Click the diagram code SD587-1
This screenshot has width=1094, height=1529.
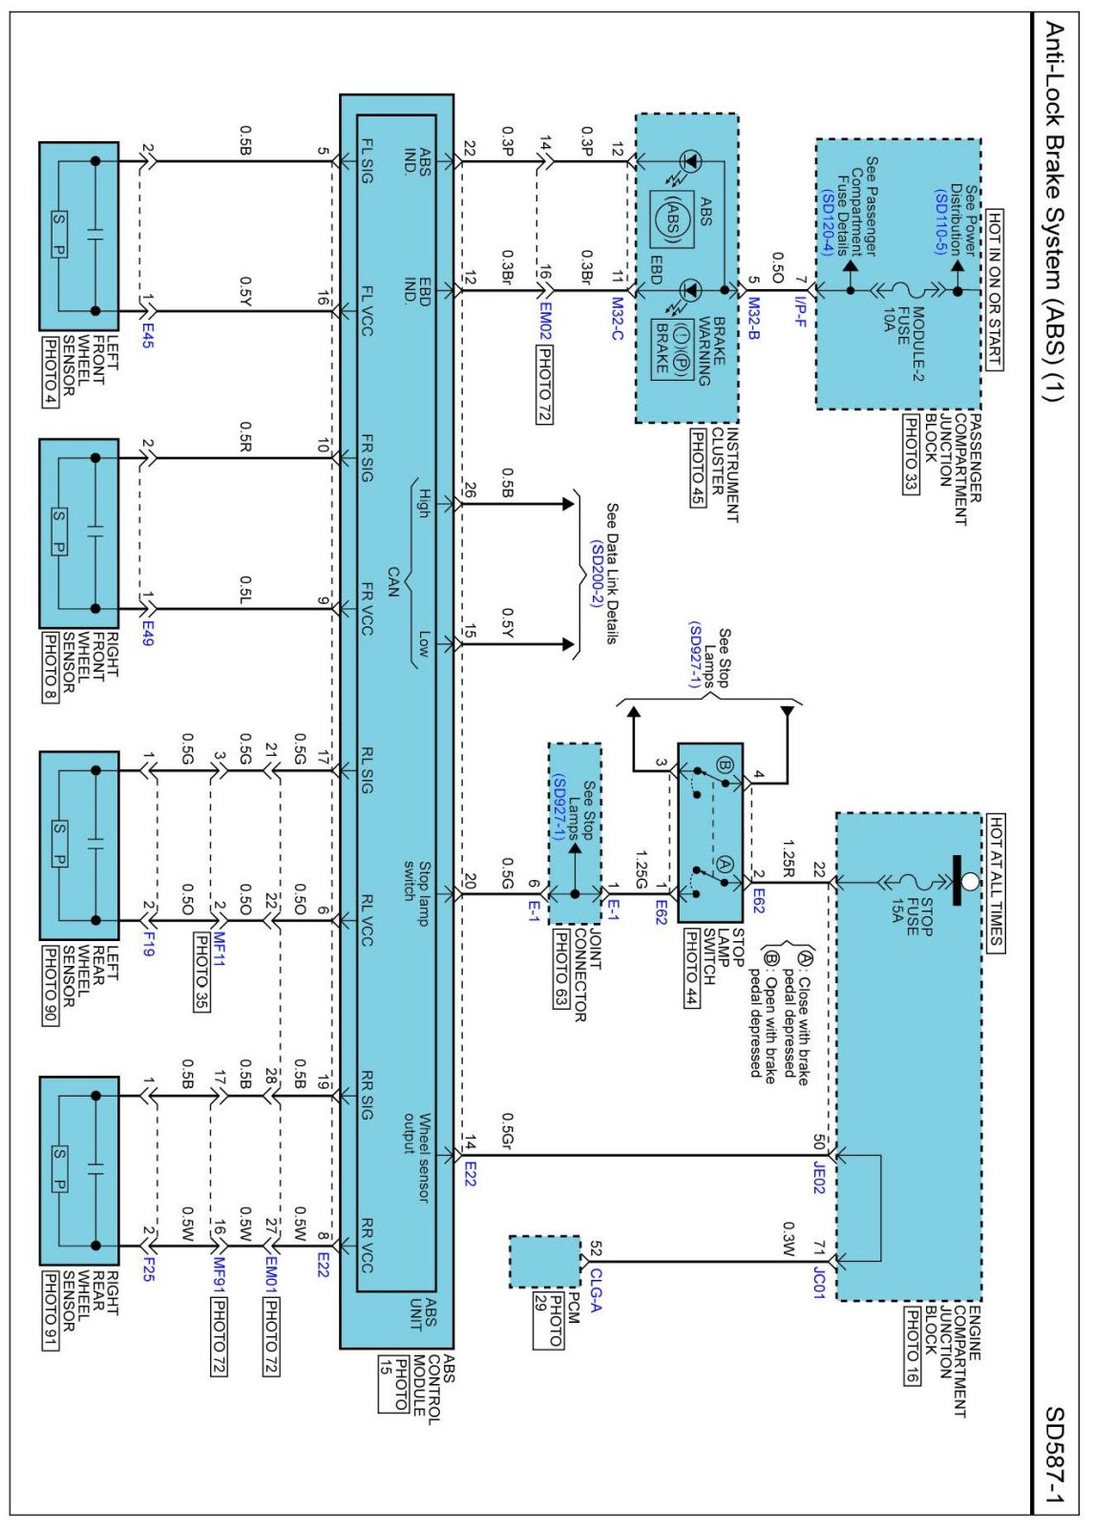click(1054, 1456)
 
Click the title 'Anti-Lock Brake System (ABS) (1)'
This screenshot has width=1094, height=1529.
click(1054, 211)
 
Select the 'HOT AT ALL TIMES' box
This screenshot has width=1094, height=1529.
click(994, 882)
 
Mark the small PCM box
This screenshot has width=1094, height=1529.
click(544, 1261)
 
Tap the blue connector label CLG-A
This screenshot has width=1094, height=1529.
click(596, 1289)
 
